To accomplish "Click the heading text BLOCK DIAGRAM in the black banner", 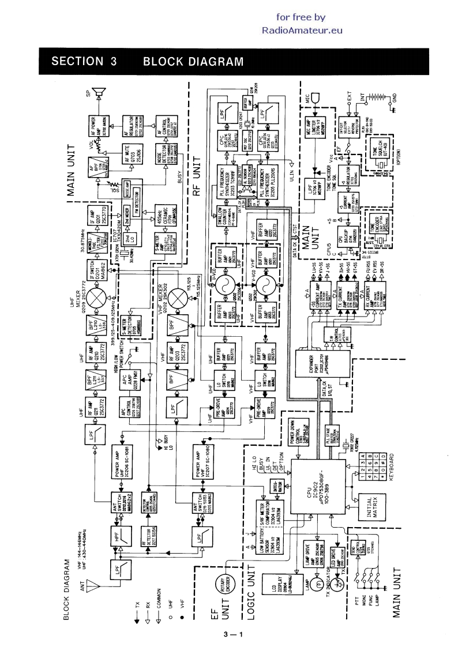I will pyautogui.click(x=193, y=62).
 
